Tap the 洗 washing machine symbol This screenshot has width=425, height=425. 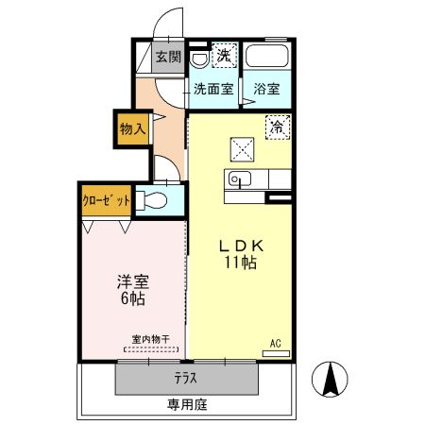click(x=224, y=56)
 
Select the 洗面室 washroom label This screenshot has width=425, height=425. click(x=213, y=90)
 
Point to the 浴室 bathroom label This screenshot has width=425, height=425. click(x=266, y=90)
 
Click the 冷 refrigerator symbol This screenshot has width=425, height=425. click(x=278, y=126)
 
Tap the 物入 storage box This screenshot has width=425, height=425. click(x=131, y=128)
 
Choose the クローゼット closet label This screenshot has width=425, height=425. click(x=105, y=201)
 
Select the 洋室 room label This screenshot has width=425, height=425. click(x=131, y=282)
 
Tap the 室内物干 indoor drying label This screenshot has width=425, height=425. click(x=150, y=339)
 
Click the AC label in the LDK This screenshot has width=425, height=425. click(x=276, y=343)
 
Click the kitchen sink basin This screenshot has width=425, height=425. click(x=239, y=179)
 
